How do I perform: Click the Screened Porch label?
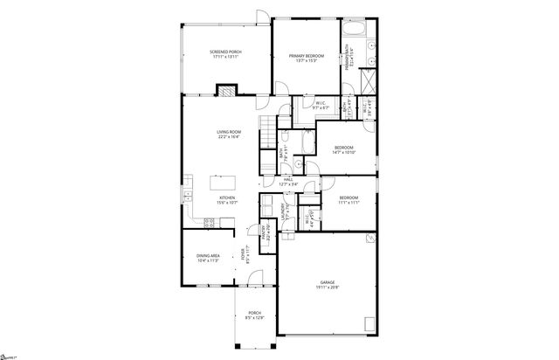coord(225,55)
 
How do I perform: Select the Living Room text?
coord(229,134)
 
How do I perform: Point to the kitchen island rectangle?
coord(221,184)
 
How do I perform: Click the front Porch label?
coord(254,315)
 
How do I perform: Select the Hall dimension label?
coord(287,181)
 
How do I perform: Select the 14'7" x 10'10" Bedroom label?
coord(343,149)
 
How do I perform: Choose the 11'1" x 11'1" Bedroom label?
coord(349,200)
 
